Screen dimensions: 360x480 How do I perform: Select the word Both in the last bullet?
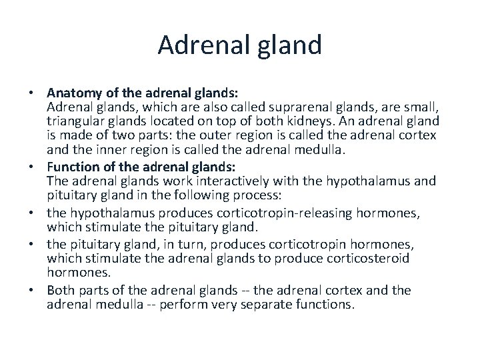pos(61,290)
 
